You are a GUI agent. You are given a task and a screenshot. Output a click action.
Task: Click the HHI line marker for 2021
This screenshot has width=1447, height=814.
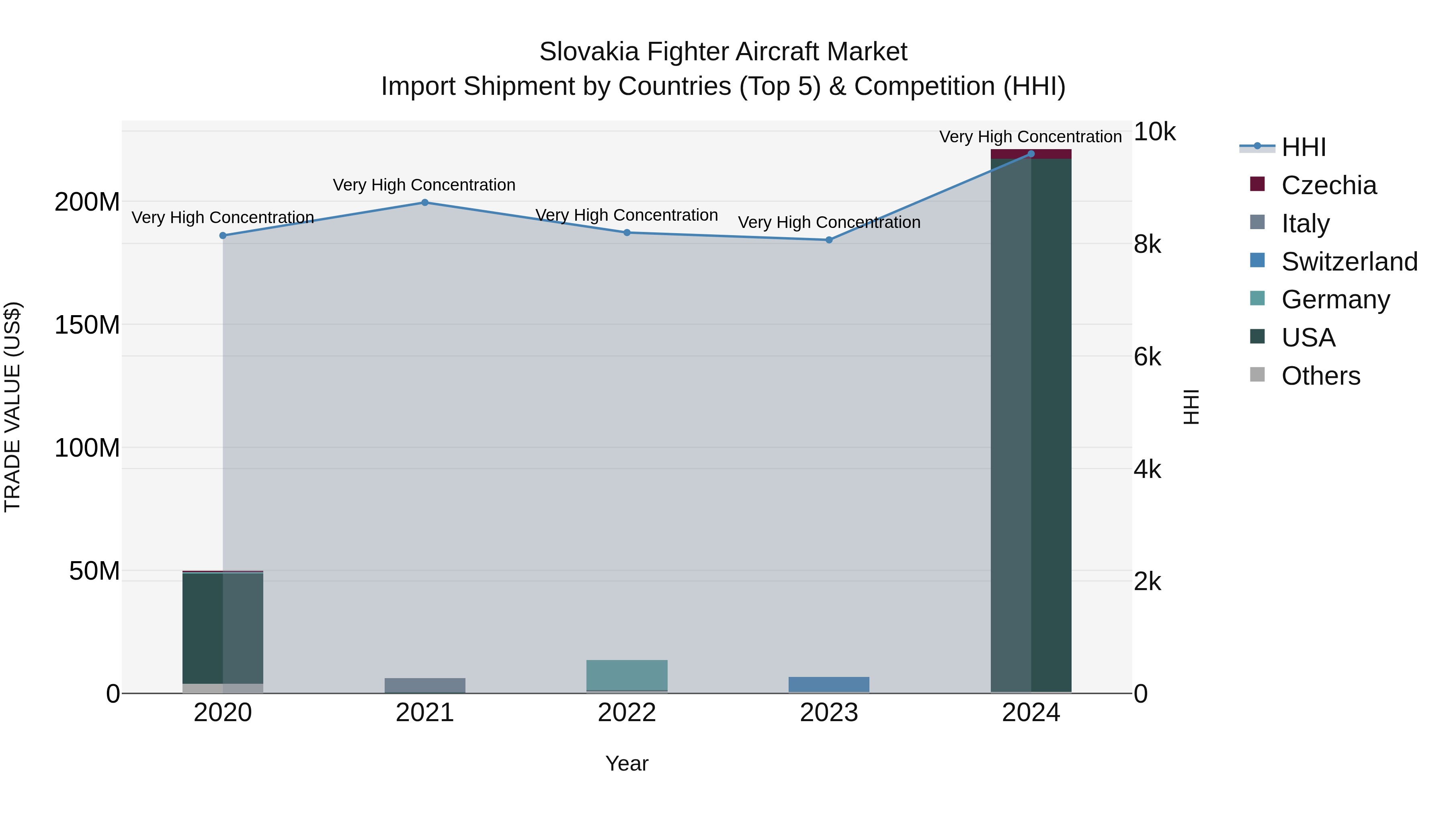click(x=425, y=202)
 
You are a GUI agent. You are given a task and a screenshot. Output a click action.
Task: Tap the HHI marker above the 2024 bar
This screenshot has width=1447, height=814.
click(x=1031, y=154)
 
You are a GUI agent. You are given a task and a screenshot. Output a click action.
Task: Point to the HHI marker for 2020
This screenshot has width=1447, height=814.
click(x=223, y=236)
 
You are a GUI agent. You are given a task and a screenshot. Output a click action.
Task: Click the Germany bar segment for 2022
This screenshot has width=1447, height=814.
click(x=627, y=675)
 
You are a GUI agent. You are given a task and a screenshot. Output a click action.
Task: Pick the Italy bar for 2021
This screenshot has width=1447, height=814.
click(x=425, y=685)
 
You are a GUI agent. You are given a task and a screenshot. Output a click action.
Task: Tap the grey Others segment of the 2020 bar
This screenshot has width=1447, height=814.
click(x=223, y=688)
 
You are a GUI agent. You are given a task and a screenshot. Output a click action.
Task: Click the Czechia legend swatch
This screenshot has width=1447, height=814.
click(x=1257, y=184)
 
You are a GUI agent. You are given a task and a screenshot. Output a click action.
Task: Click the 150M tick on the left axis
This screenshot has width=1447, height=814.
click(x=87, y=325)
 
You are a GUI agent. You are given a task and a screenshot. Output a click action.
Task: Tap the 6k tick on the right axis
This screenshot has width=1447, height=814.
click(x=1147, y=357)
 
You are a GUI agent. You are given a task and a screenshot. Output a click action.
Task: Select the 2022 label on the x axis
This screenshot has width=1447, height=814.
click(x=627, y=713)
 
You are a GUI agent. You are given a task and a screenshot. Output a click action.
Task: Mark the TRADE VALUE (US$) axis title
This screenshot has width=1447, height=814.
click(x=12, y=407)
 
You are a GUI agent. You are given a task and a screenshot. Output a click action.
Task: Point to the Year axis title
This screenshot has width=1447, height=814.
click(x=627, y=763)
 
